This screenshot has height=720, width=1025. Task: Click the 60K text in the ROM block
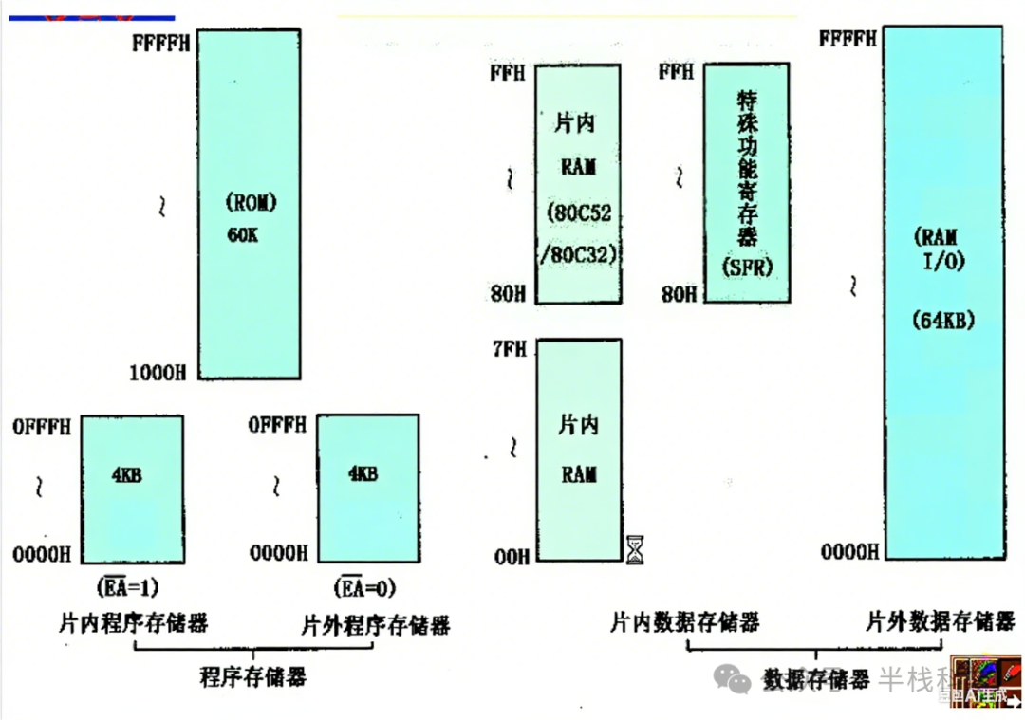242,233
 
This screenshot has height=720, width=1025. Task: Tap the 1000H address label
158,373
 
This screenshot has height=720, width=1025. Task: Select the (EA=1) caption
127,587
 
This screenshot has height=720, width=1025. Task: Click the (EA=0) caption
365,587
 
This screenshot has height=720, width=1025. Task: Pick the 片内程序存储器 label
133,623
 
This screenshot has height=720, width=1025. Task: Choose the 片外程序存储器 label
375,625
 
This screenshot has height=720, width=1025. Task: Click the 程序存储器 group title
252,677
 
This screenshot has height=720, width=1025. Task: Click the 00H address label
511,557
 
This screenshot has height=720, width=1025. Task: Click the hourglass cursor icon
635,549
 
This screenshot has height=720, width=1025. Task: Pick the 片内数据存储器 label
684,622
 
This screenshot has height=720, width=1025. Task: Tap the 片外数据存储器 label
941,622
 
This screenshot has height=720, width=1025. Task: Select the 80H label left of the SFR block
679,294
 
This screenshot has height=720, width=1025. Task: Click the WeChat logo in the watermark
734,677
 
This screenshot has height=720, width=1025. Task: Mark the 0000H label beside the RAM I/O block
848,550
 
